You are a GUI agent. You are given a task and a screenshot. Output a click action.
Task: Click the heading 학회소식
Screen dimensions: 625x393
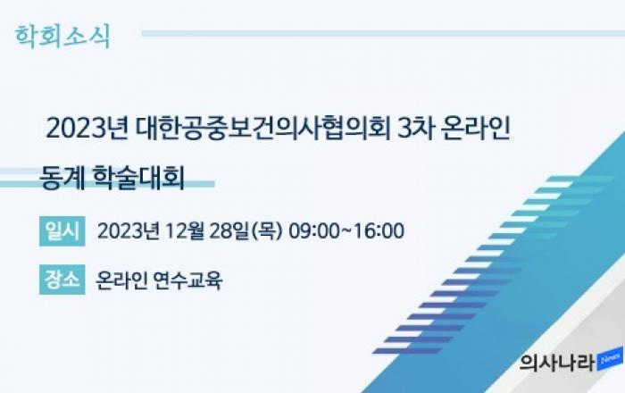coord(62,37)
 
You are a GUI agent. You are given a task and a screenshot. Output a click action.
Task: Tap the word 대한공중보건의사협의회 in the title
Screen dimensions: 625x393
coord(262,129)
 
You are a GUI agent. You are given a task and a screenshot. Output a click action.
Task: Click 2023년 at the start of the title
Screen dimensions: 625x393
coord(87,129)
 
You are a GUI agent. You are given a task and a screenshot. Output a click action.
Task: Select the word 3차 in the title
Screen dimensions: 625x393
coord(415,129)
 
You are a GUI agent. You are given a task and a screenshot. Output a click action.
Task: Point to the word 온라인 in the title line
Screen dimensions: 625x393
coord(476,129)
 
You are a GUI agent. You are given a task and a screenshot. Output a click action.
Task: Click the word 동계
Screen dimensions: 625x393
coord(62,177)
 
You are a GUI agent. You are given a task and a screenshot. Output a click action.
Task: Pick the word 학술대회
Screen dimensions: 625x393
coord(138,177)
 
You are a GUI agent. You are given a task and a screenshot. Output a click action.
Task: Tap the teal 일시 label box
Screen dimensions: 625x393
coord(62,231)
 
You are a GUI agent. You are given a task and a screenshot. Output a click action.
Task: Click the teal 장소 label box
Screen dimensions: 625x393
coord(62,280)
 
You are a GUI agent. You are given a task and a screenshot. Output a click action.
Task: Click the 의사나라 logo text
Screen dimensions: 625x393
coord(557,363)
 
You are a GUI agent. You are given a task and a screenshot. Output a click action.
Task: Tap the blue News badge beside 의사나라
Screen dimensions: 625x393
coord(610,358)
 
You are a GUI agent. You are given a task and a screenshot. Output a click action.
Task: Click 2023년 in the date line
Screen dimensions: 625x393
coord(129,231)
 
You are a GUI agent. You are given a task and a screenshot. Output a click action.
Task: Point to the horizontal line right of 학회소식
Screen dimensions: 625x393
coord(383,33)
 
